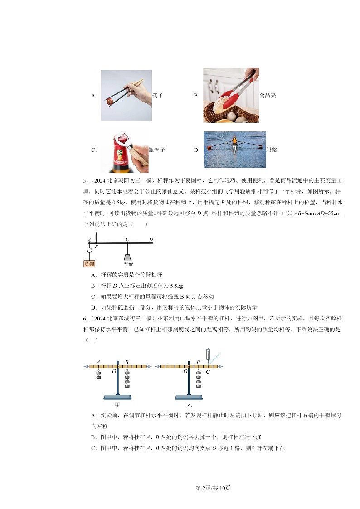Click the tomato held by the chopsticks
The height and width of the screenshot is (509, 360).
109,102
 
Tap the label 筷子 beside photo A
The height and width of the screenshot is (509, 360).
157,96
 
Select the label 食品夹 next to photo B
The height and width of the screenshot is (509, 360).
268,96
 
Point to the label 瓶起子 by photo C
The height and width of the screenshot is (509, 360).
156,150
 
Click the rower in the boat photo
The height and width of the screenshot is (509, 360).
234,141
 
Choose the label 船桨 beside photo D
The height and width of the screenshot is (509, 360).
271,150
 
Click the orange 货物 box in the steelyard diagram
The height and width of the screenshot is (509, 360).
90,263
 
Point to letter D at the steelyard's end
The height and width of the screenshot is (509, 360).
151,239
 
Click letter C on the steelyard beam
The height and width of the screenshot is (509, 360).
127,239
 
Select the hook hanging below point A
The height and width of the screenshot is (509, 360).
90,250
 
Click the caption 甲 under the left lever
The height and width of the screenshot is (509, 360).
117,405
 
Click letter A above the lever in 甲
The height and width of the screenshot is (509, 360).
98,362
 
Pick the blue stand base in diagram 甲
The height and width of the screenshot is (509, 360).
117,397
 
